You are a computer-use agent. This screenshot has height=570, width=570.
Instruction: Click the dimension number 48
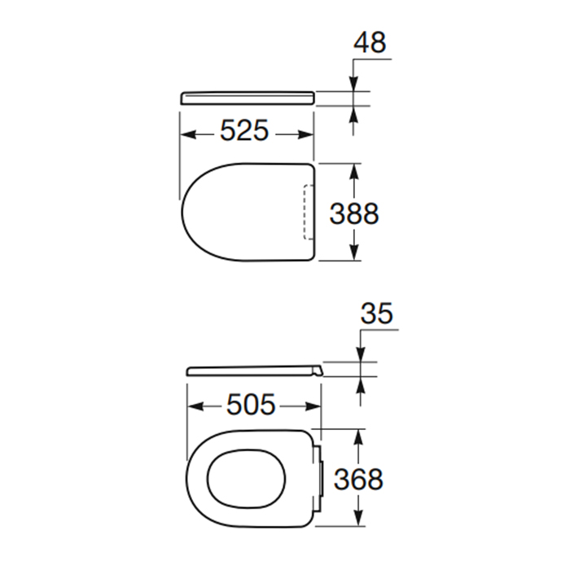(x=370, y=42)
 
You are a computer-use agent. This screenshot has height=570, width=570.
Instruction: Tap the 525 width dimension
(x=244, y=130)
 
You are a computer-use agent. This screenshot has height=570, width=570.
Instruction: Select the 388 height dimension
(x=354, y=213)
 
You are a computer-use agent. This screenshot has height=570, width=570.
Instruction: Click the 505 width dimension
(x=251, y=405)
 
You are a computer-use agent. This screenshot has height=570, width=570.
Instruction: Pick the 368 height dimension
(x=358, y=479)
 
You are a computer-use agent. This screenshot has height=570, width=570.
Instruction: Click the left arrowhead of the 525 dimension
(x=189, y=135)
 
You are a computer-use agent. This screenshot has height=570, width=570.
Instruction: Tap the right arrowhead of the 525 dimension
(x=305, y=135)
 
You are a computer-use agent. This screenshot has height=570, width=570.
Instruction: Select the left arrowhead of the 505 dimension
(x=195, y=407)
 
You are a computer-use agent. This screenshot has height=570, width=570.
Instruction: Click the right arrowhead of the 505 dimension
(x=313, y=407)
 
